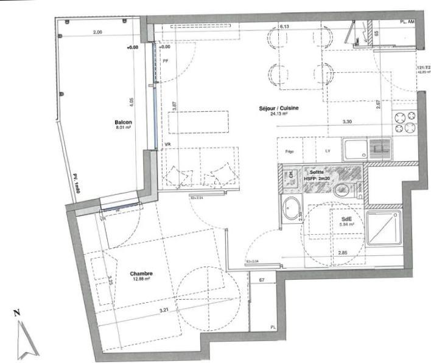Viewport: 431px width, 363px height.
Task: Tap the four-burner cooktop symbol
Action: pyautogui.click(x=404, y=122)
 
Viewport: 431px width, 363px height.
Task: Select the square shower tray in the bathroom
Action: pyautogui.click(x=384, y=226)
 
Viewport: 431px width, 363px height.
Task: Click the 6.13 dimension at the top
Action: pyautogui.click(x=284, y=27)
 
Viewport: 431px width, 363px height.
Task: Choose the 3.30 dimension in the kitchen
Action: pyautogui.click(x=347, y=122)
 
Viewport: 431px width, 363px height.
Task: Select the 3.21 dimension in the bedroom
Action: pyautogui.click(x=163, y=311)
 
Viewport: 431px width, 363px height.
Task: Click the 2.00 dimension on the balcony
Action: pyautogui.click(x=97, y=32)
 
